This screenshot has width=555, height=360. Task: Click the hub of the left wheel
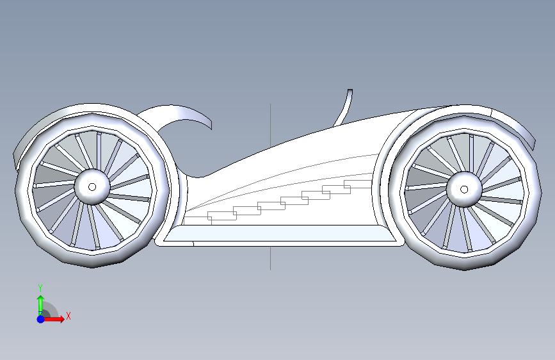click(x=92, y=187)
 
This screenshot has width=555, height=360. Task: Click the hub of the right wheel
click(x=464, y=190)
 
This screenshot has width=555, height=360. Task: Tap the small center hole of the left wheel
click(x=92, y=187)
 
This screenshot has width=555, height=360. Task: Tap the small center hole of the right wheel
click(x=464, y=190)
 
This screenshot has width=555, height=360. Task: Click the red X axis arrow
click(x=53, y=319)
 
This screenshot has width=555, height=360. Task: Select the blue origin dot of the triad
click(x=41, y=319)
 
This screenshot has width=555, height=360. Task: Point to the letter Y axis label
click(x=40, y=288)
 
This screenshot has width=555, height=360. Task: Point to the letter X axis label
click(x=68, y=316)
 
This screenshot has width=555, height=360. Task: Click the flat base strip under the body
click(x=280, y=235)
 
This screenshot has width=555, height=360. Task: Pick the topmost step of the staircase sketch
click(x=358, y=184)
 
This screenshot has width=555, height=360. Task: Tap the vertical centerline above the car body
click(x=270, y=126)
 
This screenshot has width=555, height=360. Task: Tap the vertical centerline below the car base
click(x=270, y=258)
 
